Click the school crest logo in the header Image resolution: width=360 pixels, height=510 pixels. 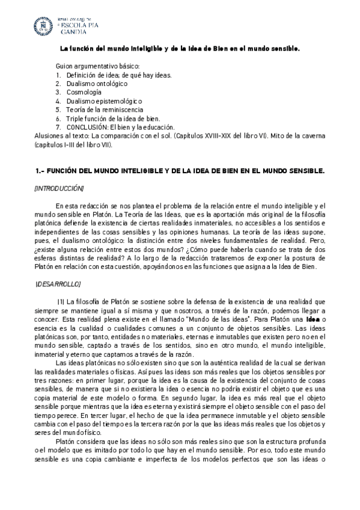[43, 26]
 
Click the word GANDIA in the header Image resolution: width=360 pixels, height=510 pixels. [77, 33]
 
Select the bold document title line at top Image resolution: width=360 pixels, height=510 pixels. [180, 49]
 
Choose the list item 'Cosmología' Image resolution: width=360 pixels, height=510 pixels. [84, 93]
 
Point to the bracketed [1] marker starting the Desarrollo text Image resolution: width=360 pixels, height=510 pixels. [61, 301]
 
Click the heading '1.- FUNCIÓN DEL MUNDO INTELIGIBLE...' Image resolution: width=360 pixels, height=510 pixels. [180, 171]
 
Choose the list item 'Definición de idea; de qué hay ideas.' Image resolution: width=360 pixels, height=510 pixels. [119, 75]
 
